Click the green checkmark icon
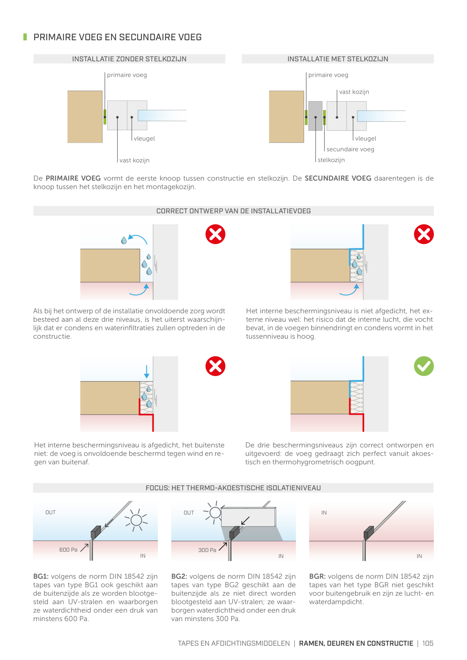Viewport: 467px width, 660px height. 424,366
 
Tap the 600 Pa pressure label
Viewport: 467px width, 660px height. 68,550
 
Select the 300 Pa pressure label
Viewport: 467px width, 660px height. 207,550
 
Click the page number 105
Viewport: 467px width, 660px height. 428,643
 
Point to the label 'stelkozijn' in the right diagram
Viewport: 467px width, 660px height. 331,160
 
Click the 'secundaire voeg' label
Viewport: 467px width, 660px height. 350,149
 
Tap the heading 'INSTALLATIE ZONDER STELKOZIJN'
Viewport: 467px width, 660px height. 129,59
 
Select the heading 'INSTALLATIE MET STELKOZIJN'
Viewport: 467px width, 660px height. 338,59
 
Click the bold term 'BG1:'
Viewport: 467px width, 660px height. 41,576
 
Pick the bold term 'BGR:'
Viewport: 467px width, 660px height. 317,576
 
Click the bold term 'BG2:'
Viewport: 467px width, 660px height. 179,576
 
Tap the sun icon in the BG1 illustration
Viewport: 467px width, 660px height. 136,520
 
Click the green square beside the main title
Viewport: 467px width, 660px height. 25,37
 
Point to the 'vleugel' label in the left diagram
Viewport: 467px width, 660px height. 144,138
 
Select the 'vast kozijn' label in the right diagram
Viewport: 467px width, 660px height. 354,92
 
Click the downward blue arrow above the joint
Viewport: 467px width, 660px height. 147,371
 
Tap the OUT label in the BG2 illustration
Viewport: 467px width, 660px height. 189,513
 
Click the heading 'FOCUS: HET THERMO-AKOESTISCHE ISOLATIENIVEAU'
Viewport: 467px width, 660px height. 233,488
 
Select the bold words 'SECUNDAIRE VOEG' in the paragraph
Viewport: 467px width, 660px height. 338,178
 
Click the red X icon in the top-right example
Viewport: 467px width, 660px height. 424,234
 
